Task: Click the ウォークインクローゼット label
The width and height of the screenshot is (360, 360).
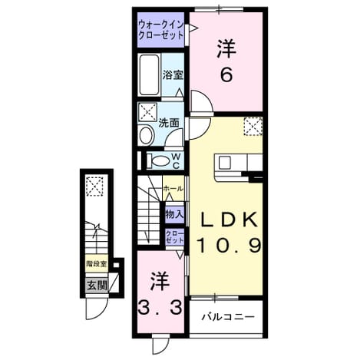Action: pyautogui.click(x=161, y=30)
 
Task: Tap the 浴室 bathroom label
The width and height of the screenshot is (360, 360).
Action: pyautogui.click(x=173, y=75)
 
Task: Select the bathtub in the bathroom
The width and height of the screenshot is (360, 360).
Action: pyautogui.click(x=149, y=75)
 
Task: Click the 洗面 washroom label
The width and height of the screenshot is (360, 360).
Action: pyautogui.click(x=169, y=124)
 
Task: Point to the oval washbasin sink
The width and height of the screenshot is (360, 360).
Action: pyautogui.click(x=146, y=135)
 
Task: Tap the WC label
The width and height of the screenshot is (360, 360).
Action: pyautogui.click(x=177, y=161)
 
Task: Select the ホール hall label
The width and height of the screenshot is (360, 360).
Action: pyautogui.click(x=173, y=189)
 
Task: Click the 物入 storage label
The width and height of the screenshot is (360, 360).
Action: pyautogui.click(x=174, y=214)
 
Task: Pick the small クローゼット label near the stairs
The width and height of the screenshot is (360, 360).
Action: pyautogui.click(x=175, y=237)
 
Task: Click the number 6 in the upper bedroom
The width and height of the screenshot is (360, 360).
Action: pyautogui.click(x=226, y=74)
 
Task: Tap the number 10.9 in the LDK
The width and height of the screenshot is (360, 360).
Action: pyautogui.click(x=230, y=245)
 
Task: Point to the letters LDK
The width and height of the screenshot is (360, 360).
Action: pyautogui.click(x=229, y=220)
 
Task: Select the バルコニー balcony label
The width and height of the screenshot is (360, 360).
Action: pyautogui.click(x=228, y=317)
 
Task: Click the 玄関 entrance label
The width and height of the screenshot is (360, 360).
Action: pyautogui.click(x=97, y=285)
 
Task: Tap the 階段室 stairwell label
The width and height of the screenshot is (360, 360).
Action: pyautogui.click(x=97, y=263)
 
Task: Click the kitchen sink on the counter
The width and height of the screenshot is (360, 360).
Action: pyautogui.click(x=224, y=163)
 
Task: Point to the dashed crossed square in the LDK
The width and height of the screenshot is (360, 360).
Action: pyautogui.click(x=253, y=126)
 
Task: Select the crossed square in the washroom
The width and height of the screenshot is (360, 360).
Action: pyautogui.click(x=147, y=112)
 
